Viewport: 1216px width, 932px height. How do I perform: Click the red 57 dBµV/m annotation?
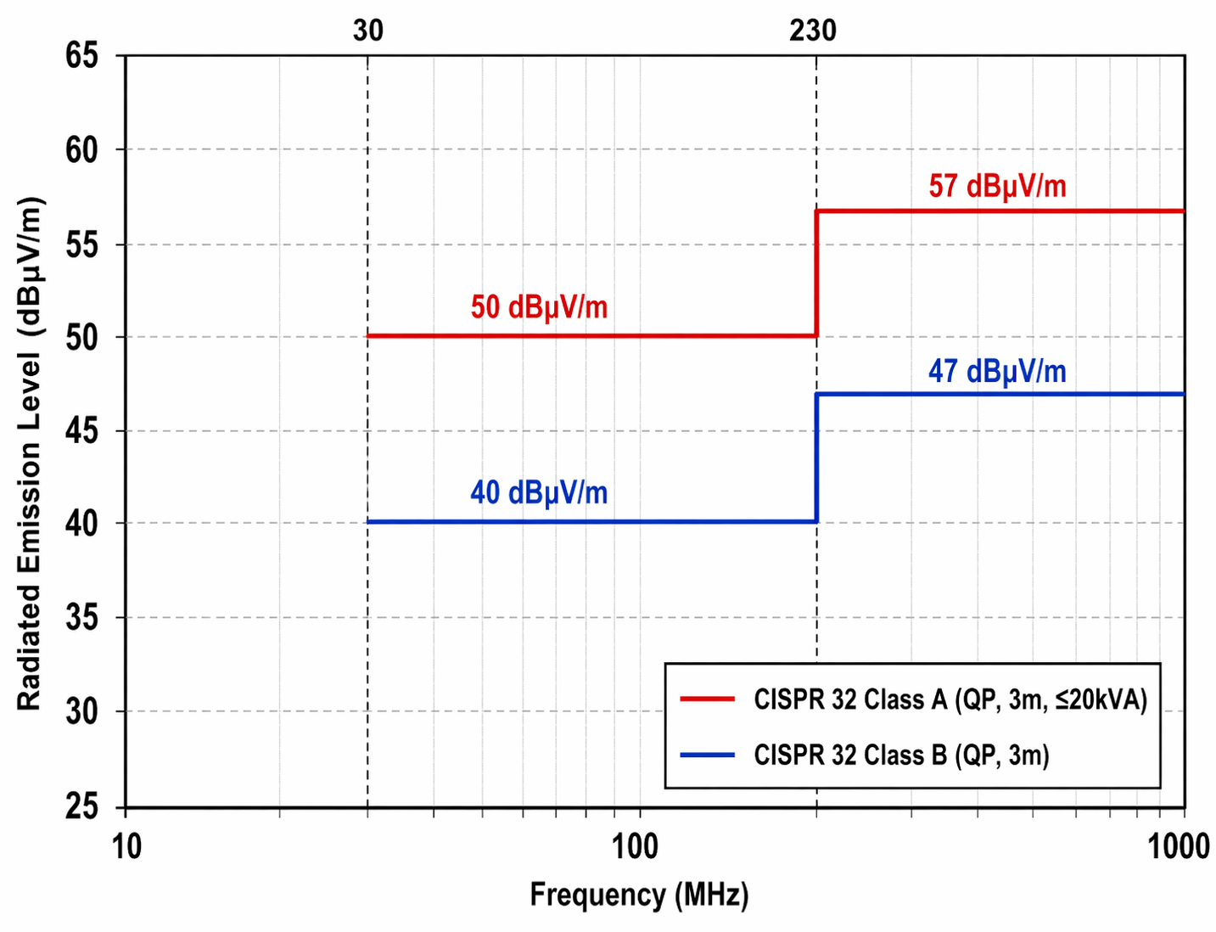(997, 186)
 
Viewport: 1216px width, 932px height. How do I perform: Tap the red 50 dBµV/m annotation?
(539, 307)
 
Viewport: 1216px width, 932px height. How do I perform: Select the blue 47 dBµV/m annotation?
(997, 372)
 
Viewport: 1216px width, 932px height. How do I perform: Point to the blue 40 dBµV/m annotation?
(539, 493)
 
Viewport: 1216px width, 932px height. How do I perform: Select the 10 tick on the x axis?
(127, 846)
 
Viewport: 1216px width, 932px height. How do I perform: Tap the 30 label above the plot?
(367, 31)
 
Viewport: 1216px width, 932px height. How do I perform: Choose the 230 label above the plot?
(812, 31)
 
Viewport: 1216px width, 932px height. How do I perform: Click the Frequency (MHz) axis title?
(639, 895)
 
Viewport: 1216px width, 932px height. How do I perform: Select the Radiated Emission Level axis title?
(29, 453)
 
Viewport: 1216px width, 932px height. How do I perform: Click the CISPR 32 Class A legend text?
(950, 699)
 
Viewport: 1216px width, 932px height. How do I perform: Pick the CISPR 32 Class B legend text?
(901, 755)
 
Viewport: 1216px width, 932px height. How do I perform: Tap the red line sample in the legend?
(707, 699)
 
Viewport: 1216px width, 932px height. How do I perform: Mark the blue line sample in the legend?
(707, 755)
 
